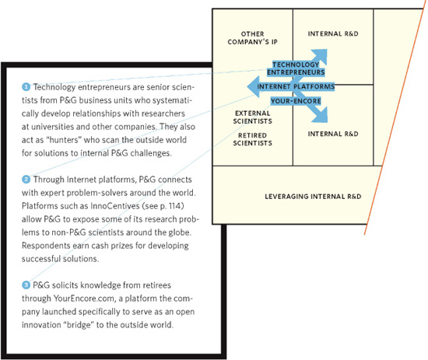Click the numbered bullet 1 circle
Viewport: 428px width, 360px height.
pyautogui.click(x=26, y=87)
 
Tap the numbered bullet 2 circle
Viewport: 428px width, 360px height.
pyautogui.click(x=26, y=180)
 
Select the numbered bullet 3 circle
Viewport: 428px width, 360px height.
pyautogui.click(x=26, y=285)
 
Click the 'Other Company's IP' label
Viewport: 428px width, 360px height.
pyautogui.click(x=252, y=38)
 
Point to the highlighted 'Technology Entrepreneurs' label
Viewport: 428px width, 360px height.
pyautogui.click(x=296, y=68)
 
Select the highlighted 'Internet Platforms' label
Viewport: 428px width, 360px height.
pyautogui.click(x=296, y=87)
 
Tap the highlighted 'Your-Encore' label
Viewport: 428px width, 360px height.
pyautogui.click(x=296, y=101)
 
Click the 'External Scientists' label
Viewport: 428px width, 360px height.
pyautogui.click(x=252, y=117)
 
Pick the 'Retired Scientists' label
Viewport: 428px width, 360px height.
pyautogui.click(x=252, y=139)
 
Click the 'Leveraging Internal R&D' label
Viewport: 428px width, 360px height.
pyautogui.click(x=313, y=197)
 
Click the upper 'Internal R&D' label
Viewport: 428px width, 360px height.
pyautogui.click(x=333, y=33)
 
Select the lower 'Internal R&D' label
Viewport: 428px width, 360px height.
pyautogui.click(x=333, y=134)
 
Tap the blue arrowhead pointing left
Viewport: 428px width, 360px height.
pyautogui.click(x=254, y=87)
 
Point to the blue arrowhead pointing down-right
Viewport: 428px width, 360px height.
pyautogui.click(x=321, y=116)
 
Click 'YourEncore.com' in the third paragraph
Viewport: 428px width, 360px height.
pyautogui.click(x=85, y=299)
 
